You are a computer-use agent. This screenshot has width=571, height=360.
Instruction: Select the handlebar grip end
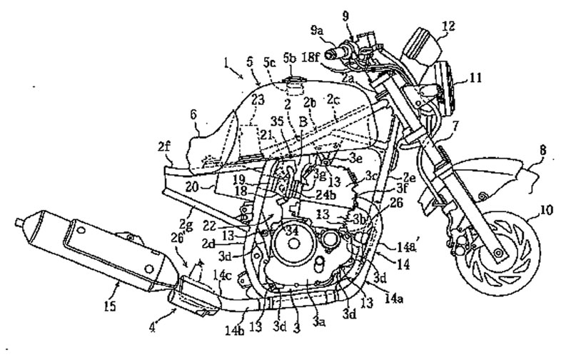pos(330,53)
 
